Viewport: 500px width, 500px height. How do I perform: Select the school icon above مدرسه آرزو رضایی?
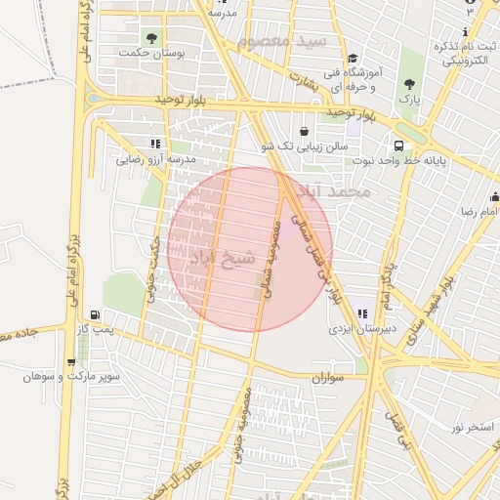pos(155,144)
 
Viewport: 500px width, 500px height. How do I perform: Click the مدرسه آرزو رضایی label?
pos(156,158)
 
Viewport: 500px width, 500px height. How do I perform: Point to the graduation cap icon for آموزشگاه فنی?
pos(353,59)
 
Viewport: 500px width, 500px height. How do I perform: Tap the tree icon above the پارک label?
pos(408,84)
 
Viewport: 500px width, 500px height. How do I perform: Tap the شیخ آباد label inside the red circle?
pos(222,258)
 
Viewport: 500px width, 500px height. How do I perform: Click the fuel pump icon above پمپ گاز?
pos(95,314)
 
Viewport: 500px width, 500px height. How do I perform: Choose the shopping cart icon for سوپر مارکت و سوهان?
pos(71,361)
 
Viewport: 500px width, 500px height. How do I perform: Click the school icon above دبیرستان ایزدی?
pos(363,313)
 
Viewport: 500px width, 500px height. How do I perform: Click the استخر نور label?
pos(472,428)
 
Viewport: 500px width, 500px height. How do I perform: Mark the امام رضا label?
pos(479,211)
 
